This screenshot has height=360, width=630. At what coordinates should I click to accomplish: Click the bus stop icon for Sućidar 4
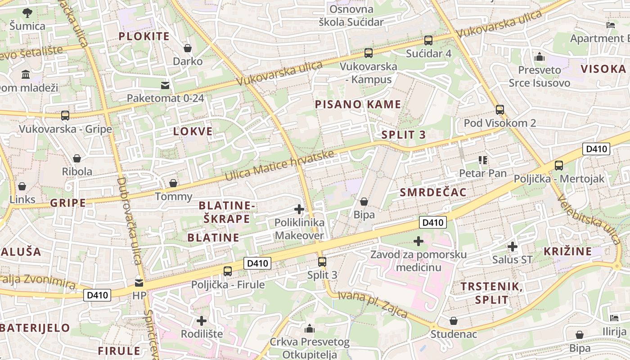coord(428,40)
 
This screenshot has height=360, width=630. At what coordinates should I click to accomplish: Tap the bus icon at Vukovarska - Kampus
coord(369,53)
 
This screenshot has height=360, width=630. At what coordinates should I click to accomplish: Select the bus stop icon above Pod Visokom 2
coord(499,109)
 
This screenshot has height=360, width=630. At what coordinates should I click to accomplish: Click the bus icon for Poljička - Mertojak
coord(558,166)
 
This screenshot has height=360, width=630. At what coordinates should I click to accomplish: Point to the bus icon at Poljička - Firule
coord(228,271)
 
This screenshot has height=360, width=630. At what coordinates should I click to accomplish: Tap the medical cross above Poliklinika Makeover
coord(299,209)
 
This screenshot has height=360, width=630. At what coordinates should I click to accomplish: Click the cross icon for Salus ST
coord(512,246)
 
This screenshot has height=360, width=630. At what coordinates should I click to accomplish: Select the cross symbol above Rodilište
coord(202,320)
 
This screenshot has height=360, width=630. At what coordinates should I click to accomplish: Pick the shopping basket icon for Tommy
coord(173,183)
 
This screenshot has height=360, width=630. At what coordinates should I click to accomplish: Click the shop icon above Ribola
coord(77,158)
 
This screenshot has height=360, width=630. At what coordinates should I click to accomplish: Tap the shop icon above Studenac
coord(454,321)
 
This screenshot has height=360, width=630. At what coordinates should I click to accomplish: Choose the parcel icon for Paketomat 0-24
coord(165,85)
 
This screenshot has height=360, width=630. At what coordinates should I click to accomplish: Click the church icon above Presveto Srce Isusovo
coord(539,57)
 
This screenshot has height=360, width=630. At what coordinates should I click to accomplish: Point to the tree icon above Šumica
coord(27,13)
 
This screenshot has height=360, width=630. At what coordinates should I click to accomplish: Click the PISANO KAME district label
coord(358,104)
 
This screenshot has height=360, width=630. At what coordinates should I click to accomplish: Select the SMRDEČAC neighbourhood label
coord(433,193)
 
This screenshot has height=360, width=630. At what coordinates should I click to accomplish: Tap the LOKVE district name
coord(193,131)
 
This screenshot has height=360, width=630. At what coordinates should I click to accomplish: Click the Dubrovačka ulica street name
coord(129,220)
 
